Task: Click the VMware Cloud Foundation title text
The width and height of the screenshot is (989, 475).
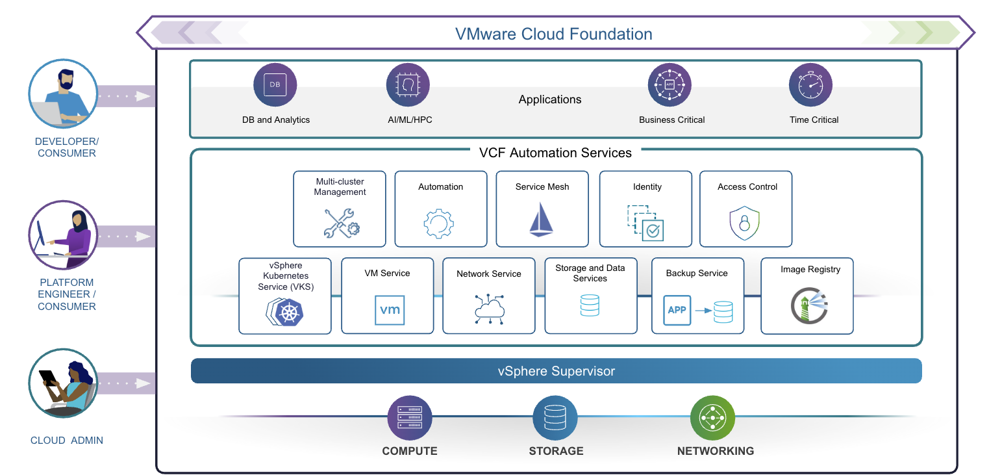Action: tap(553, 34)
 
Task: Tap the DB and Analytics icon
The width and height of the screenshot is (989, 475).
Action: tap(275, 85)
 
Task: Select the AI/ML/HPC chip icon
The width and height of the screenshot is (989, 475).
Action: tap(408, 85)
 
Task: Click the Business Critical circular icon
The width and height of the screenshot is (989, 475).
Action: tap(670, 85)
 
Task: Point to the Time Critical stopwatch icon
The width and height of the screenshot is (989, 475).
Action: tap(810, 85)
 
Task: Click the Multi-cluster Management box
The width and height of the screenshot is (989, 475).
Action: tap(340, 209)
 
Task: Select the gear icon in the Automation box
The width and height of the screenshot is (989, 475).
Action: tap(440, 224)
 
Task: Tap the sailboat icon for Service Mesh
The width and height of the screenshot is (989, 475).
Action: tap(541, 220)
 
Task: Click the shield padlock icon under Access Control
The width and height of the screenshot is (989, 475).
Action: tap(744, 224)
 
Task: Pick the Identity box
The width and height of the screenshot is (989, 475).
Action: tap(646, 209)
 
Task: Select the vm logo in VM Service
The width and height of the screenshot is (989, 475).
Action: tap(390, 310)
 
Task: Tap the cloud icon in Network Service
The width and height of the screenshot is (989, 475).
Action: tap(489, 309)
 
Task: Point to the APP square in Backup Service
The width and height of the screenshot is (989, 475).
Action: tap(677, 310)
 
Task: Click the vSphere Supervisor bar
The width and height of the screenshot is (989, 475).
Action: tap(556, 371)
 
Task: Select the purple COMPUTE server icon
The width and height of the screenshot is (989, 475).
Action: tap(409, 418)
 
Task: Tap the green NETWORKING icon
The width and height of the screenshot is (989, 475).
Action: tap(712, 418)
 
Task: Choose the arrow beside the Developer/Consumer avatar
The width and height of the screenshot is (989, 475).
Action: tap(127, 96)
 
